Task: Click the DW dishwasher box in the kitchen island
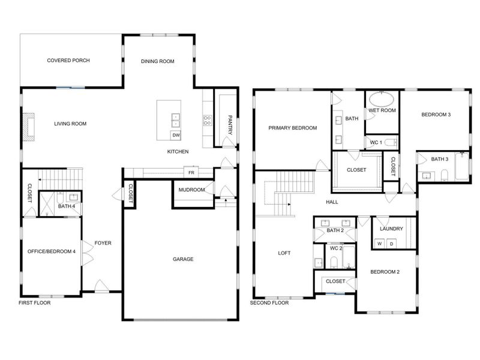(x=176, y=135)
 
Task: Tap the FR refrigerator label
(x=191, y=173)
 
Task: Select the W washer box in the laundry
(x=380, y=244)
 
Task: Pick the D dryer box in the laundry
(x=392, y=244)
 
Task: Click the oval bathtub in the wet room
(x=382, y=100)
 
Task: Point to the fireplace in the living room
(x=29, y=127)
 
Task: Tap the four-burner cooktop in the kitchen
(x=208, y=119)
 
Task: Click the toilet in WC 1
(x=391, y=142)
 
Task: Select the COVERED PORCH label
(x=68, y=61)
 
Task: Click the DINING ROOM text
(x=158, y=61)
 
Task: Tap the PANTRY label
(x=230, y=125)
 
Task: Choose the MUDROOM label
(x=191, y=190)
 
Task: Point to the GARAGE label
(x=183, y=259)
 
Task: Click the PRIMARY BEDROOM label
(x=293, y=128)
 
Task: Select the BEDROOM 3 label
(x=436, y=115)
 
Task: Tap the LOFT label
(x=284, y=253)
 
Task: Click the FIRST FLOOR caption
(x=35, y=303)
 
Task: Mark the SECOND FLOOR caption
(x=269, y=303)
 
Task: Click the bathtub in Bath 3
(x=461, y=166)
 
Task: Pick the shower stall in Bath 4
(x=47, y=204)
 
